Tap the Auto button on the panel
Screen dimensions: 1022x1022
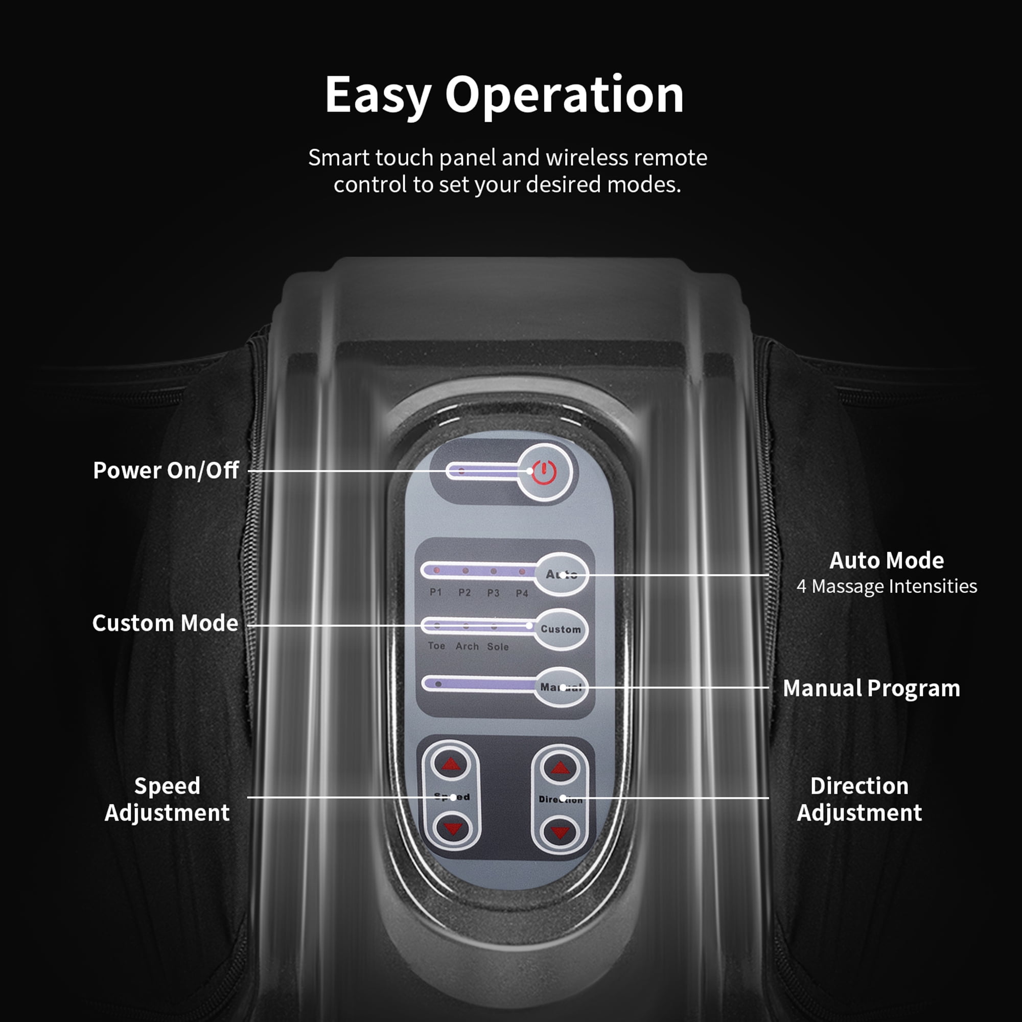click(x=561, y=574)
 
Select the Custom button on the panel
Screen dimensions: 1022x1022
click(x=561, y=630)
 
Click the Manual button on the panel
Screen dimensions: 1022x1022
click(x=561, y=688)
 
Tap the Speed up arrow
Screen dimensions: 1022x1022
click(x=451, y=764)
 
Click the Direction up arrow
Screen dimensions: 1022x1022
click(x=560, y=767)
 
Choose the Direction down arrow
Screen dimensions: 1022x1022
click(x=560, y=832)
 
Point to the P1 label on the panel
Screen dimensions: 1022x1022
click(x=435, y=592)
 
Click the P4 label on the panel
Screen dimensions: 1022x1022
click(x=522, y=593)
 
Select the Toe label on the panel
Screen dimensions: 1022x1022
click(x=436, y=646)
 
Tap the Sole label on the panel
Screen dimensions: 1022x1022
click(x=498, y=646)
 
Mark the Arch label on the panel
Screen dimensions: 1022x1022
click(x=467, y=646)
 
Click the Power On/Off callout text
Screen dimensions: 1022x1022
click(x=166, y=470)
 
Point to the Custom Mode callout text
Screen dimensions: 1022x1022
click(x=165, y=623)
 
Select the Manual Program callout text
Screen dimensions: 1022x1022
click(x=871, y=688)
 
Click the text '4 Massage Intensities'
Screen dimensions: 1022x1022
click(x=887, y=586)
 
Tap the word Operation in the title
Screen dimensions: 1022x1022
click(x=565, y=95)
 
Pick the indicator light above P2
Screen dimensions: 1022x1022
click(x=466, y=571)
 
